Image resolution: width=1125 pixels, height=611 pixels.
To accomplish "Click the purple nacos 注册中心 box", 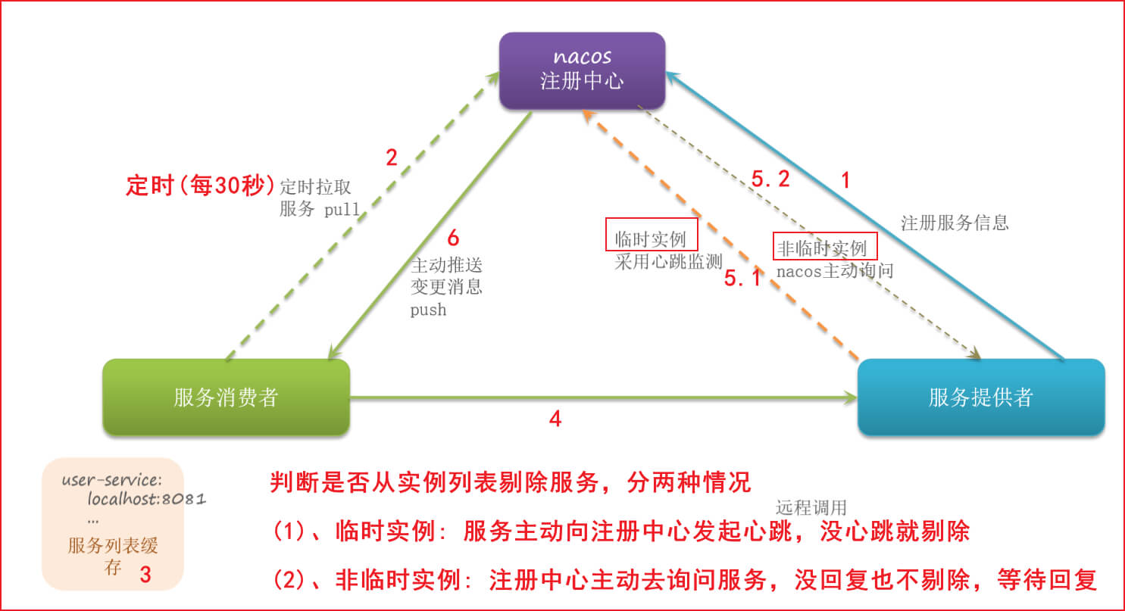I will (x=582, y=69).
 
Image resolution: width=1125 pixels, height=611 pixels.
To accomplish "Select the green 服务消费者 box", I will (x=226, y=397).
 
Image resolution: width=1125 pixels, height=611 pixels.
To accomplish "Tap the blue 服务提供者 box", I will (x=980, y=397).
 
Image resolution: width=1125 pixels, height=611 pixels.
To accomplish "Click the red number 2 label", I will (x=391, y=158).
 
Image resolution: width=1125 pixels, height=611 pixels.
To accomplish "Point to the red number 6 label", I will (x=453, y=238).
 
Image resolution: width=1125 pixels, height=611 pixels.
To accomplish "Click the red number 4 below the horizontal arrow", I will (x=555, y=419).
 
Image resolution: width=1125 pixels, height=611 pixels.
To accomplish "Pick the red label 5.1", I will (x=742, y=279).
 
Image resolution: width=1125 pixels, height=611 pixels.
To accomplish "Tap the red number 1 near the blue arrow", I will (x=846, y=180).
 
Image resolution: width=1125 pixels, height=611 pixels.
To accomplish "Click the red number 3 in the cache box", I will (x=145, y=575).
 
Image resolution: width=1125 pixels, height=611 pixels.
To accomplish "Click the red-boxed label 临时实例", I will (x=650, y=240).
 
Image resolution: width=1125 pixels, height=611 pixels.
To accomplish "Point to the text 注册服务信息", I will (x=955, y=223).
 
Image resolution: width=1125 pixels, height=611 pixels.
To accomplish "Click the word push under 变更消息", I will (x=428, y=310).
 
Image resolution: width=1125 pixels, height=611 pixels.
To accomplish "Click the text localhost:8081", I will (x=147, y=500).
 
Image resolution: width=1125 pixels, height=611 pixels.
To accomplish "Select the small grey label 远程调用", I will (x=811, y=507).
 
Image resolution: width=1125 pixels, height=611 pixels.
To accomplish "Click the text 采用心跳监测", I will (x=667, y=263).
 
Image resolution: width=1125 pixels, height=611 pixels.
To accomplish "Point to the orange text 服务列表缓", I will (x=113, y=546).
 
